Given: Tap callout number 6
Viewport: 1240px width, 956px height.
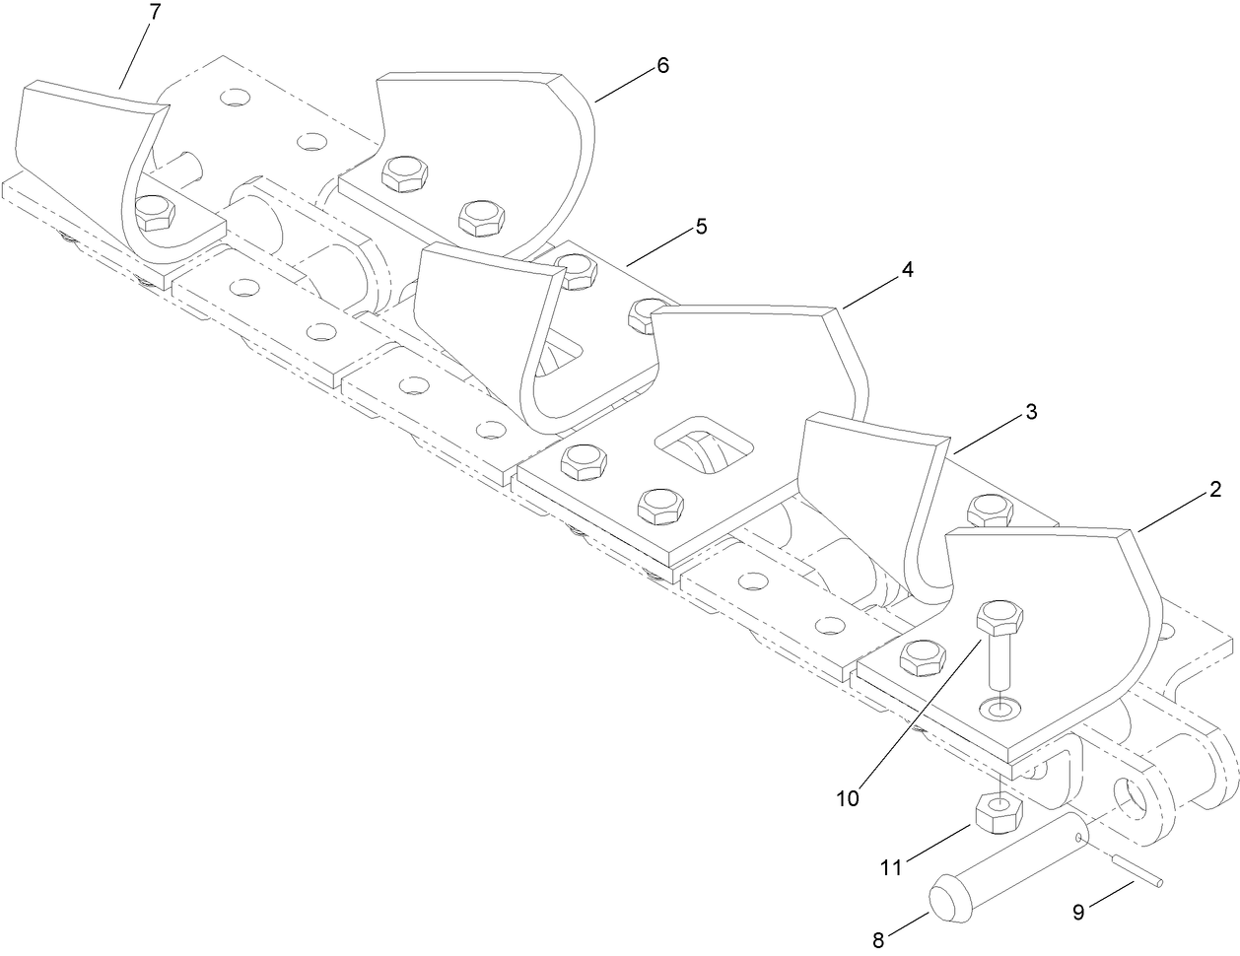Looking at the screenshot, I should tap(661, 65).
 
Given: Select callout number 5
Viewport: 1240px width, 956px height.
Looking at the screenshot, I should tap(701, 226).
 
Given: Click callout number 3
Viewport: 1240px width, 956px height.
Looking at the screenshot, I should tap(1030, 411).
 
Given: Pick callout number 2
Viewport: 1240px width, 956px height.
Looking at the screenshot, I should tap(1215, 488).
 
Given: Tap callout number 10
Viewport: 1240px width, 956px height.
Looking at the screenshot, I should tap(848, 797).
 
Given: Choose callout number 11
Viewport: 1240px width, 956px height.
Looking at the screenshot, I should tap(891, 867).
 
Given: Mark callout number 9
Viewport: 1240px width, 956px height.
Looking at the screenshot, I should tap(1077, 912).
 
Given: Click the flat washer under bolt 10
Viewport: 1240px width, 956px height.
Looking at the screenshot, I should tap(1000, 708).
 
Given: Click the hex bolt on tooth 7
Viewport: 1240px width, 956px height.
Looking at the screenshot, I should tap(154, 212).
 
